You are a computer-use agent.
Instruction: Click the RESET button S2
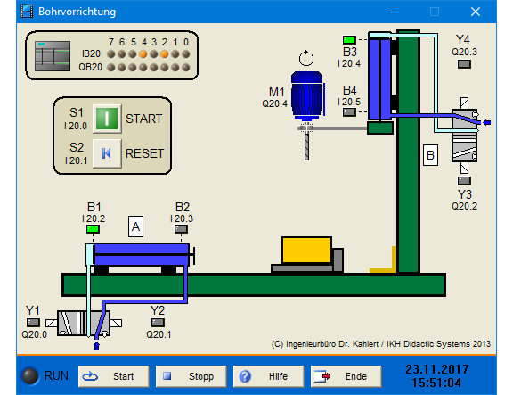(x=107, y=153)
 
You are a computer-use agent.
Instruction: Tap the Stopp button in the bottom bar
(x=191, y=376)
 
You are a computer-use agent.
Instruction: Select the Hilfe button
(x=269, y=376)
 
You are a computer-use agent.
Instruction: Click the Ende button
(x=346, y=376)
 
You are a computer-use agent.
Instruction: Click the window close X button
(x=476, y=12)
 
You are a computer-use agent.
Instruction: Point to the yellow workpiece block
(x=306, y=250)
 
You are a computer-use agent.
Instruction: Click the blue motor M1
(x=307, y=95)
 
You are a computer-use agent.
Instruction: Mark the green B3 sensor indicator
(x=349, y=40)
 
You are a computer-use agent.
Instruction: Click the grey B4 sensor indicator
(x=349, y=112)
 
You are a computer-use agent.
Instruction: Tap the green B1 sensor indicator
(x=93, y=229)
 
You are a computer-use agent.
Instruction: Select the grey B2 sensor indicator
(x=181, y=229)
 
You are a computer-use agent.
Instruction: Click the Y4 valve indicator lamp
(x=464, y=64)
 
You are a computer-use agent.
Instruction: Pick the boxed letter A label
(x=135, y=226)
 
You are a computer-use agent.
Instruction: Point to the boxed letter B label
(x=430, y=155)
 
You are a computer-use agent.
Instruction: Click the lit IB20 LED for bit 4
(x=143, y=54)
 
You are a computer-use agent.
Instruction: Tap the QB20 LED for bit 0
(x=186, y=68)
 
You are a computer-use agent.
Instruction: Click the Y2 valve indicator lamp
(x=158, y=323)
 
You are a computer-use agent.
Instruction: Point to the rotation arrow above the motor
(x=306, y=58)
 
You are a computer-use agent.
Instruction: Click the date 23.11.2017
(x=437, y=369)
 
